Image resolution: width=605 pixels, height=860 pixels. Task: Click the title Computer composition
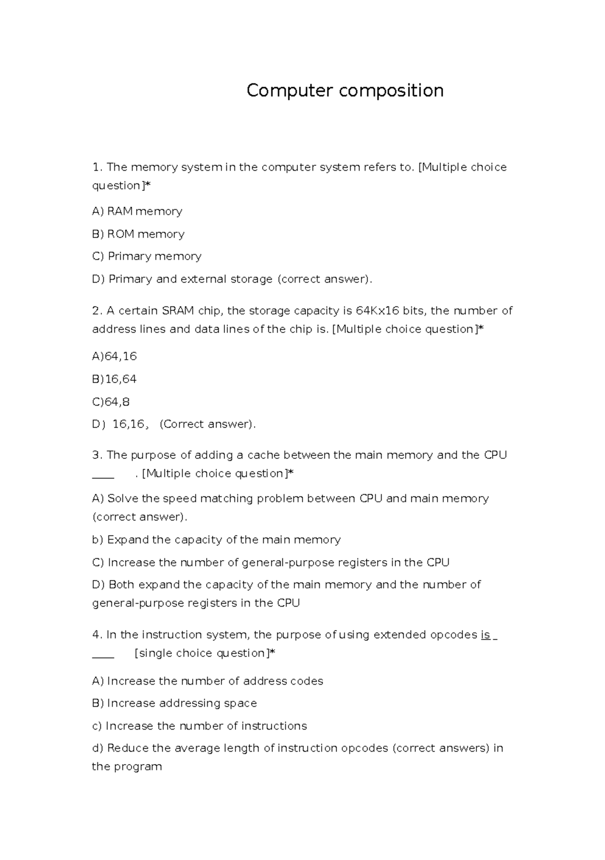click(x=345, y=91)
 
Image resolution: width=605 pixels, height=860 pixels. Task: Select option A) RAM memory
click(x=137, y=211)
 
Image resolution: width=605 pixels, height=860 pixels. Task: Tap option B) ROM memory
click(x=138, y=234)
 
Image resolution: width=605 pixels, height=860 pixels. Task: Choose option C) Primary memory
click(x=147, y=256)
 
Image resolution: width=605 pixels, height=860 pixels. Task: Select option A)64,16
click(x=114, y=356)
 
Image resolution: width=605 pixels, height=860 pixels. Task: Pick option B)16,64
click(x=114, y=379)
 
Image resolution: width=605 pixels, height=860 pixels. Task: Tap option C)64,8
click(x=111, y=402)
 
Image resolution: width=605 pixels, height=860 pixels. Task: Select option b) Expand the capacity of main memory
click(x=216, y=540)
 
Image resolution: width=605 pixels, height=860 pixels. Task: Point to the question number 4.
click(x=96, y=635)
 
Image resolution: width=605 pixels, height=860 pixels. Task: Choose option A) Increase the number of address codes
click(x=208, y=681)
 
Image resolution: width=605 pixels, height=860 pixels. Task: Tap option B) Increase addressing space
click(x=174, y=703)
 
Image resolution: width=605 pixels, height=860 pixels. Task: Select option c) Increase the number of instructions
click(x=200, y=726)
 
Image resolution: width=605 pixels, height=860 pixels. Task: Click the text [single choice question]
click(x=203, y=653)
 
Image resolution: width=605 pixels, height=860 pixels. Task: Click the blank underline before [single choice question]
click(x=103, y=657)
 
